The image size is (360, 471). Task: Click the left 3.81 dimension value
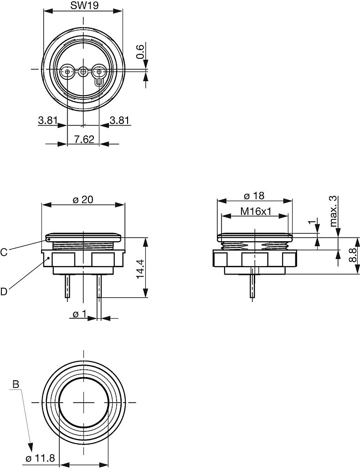(x=47, y=120)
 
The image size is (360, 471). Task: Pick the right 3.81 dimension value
(x=120, y=120)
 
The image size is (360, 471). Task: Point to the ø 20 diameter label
(x=83, y=200)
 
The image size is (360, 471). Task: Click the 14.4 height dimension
(x=140, y=269)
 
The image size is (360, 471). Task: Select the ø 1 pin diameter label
(x=80, y=314)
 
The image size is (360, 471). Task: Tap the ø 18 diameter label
(x=254, y=196)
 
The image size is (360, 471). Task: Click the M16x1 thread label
(x=255, y=212)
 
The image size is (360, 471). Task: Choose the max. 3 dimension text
(x=334, y=211)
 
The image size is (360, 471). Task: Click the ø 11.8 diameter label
(x=41, y=458)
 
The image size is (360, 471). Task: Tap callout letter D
(x=4, y=291)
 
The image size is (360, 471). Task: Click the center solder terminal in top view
(x=83, y=72)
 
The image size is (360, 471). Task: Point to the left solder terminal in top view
(x=67, y=72)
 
